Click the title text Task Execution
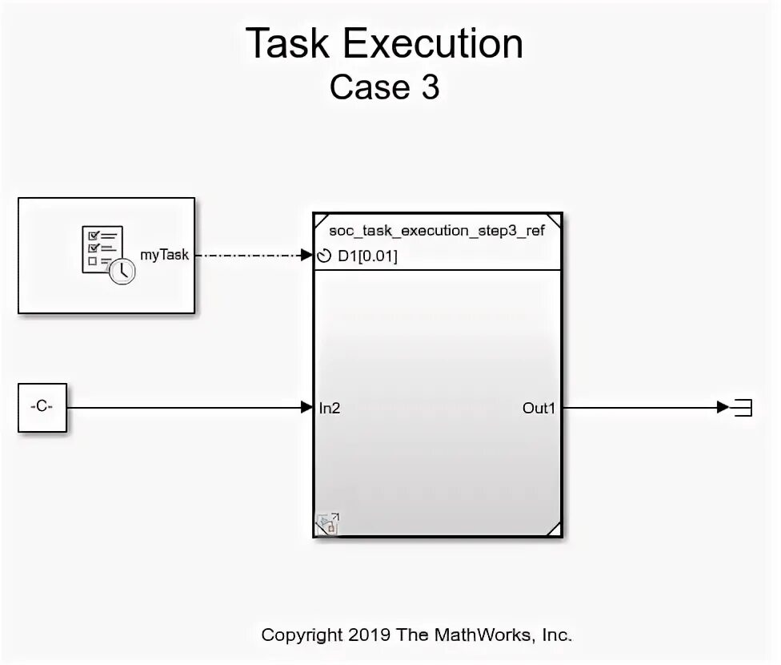click(x=384, y=44)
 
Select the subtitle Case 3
click(x=384, y=87)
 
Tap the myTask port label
click(x=164, y=255)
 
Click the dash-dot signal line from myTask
click(x=248, y=256)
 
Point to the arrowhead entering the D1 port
click(x=307, y=256)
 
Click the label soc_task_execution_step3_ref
click(x=437, y=231)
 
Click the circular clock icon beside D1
click(x=325, y=256)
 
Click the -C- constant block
click(x=42, y=407)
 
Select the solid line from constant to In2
click(x=184, y=408)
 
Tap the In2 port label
click(x=330, y=408)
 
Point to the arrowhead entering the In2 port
click(x=307, y=408)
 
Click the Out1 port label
click(x=539, y=408)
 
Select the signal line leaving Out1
click(x=640, y=408)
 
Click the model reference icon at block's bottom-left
click(x=327, y=525)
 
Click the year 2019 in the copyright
click(x=369, y=635)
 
